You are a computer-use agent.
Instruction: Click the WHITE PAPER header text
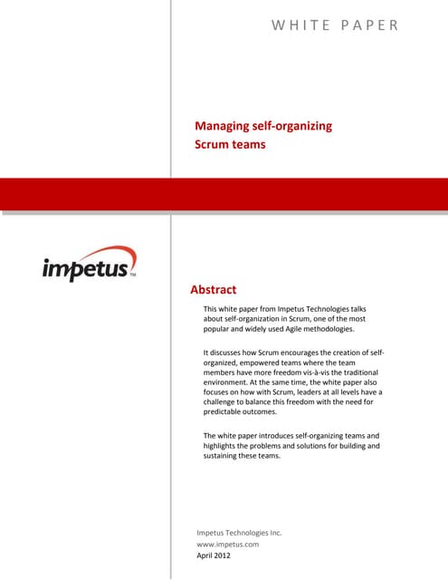tap(335, 24)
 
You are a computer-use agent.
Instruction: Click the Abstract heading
tap(213, 290)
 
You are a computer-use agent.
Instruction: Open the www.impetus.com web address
tap(228, 544)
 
